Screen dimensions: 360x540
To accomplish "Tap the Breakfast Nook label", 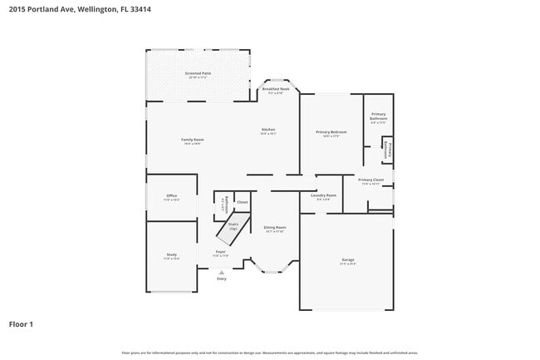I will coord(275,89).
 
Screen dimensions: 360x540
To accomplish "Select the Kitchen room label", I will coord(268,131).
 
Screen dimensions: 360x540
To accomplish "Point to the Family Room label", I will coord(193,140).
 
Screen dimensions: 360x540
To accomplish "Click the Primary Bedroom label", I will coord(331,133).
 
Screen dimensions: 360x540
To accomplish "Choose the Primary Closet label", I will coord(371,180).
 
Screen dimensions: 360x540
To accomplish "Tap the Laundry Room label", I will coord(323,196).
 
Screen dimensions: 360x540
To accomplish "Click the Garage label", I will coord(347,260).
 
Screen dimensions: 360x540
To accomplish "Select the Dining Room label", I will coord(275,228).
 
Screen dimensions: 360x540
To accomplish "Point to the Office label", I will coord(171,197).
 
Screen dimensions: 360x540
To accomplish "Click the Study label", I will coord(171,256).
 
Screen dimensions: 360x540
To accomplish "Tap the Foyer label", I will coord(220,252).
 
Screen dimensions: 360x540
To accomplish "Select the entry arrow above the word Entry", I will coord(221,272).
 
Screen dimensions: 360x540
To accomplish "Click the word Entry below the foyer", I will coord(221,279).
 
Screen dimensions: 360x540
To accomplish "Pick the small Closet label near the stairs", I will coord(243,202).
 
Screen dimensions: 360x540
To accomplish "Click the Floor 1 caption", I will coord(21,323).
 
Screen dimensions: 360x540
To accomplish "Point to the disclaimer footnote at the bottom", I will coord(269,353).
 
